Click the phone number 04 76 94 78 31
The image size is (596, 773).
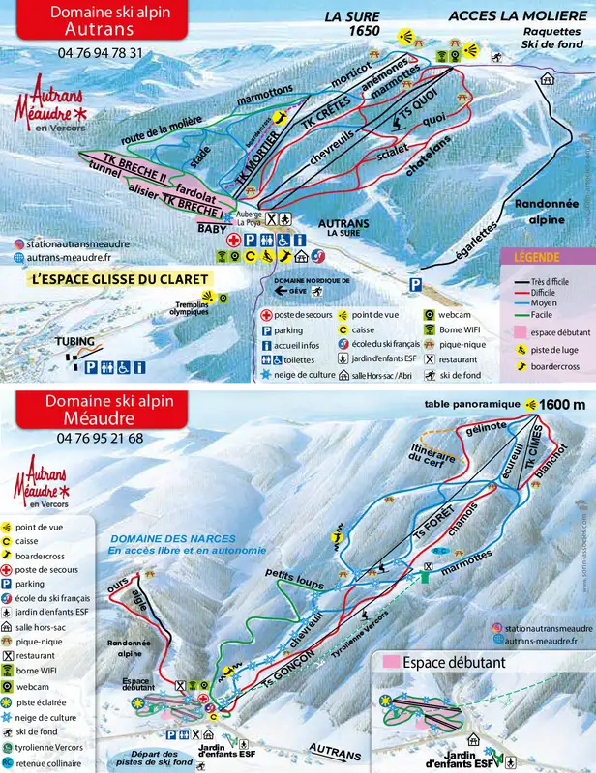(100, 53)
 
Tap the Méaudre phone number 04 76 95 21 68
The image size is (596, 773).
(100, 438)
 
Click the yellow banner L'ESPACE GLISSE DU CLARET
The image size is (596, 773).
(120, 279)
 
